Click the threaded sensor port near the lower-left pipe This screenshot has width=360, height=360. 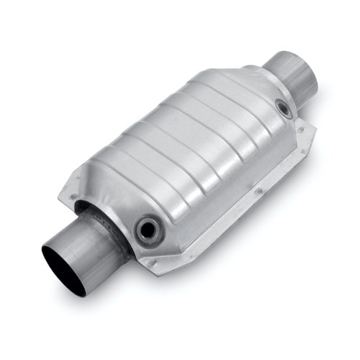click(149, 229)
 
